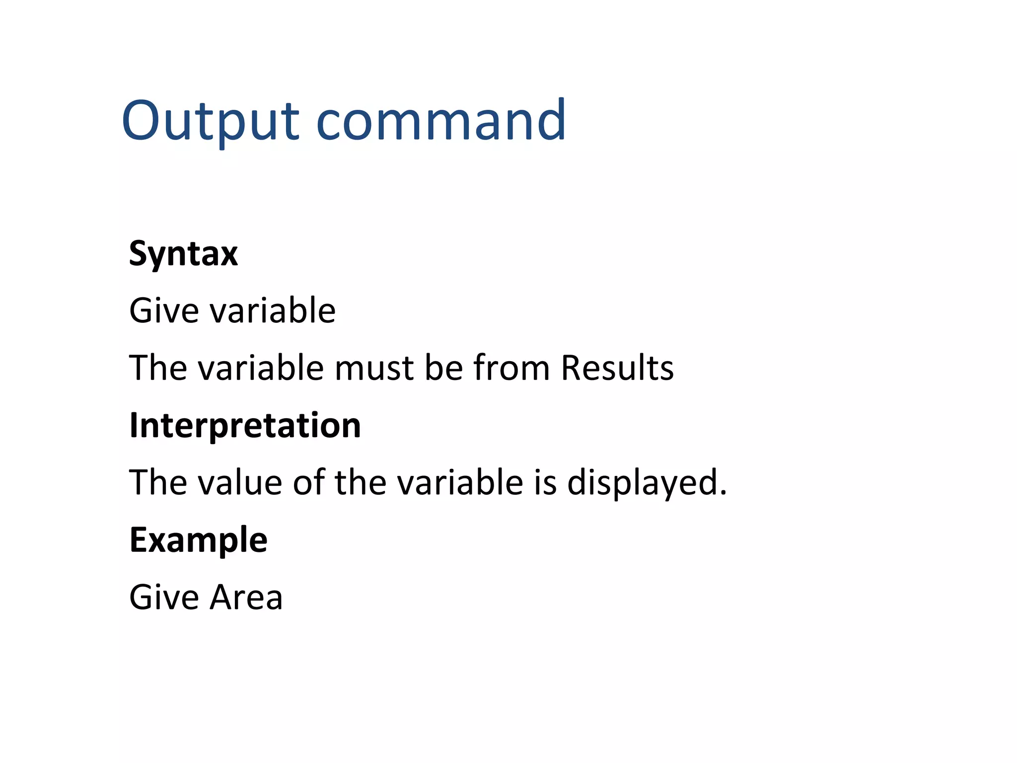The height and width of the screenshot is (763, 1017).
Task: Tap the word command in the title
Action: click(x=441, y=121)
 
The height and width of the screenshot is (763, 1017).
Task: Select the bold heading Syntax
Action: click(x=183, y=254)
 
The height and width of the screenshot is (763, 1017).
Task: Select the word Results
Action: click(x=617, y=368)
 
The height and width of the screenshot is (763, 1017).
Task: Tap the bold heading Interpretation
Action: click(x=245, y=426)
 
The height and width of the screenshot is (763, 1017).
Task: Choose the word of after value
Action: click(x=308, y=483)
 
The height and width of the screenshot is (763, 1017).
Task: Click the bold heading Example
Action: click(x=198, y=540)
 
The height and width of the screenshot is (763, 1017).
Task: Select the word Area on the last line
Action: click(x=246, y=597)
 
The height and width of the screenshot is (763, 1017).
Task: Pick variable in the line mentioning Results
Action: click(x=261, y=368)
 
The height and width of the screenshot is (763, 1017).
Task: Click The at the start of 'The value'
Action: click(x=158, y=483)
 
